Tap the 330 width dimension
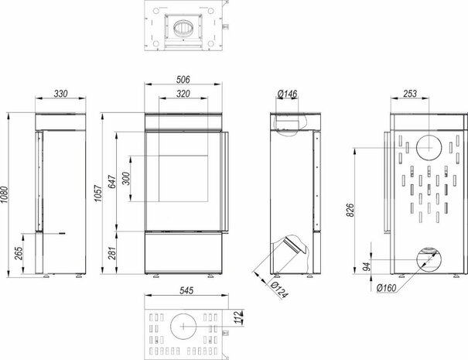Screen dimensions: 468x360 [60, 94]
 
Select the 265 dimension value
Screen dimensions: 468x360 [19, 253]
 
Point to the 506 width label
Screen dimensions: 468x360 [183, 80]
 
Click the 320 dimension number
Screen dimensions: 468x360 [183, 94]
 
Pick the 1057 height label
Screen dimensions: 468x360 [98, 194]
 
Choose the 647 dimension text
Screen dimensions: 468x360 [112, 181]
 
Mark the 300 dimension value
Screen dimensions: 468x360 [126, 178]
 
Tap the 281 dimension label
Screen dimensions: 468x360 [112, 252]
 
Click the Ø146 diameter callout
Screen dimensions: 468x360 [287, 94]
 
